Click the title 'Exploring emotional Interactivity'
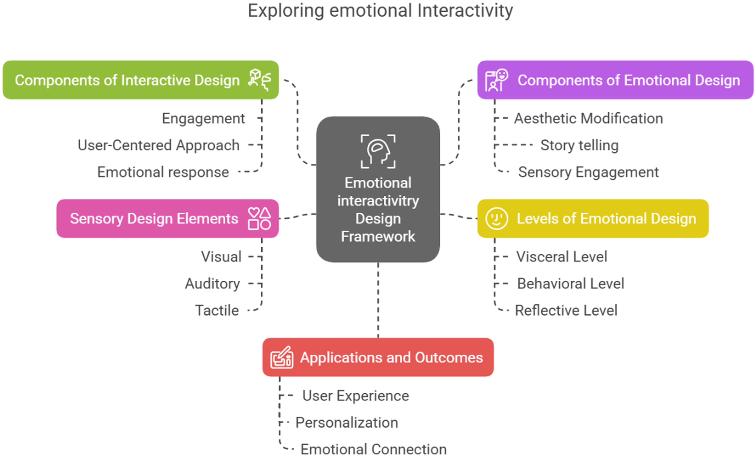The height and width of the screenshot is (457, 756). coord(380,11)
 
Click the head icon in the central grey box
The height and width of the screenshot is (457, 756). coord(378,151)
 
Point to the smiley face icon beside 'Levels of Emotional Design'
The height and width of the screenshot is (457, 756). coord(496,219)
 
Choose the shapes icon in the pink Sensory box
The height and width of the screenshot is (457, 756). coord(259,219)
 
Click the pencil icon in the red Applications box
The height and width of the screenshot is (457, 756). coord(281,357)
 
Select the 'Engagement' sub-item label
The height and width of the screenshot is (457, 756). coord(203,119)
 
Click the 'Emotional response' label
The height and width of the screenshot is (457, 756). coord(163,172)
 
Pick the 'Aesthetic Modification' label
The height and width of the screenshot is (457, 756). coord(588,119)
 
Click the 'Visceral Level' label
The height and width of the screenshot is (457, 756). coord(561,257)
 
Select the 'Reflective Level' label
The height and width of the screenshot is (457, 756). coord(566,310)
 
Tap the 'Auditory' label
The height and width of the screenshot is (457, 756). coord(212,284)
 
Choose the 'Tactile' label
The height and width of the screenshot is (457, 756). coord(217,310)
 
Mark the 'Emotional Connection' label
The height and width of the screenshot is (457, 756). coord(373,449)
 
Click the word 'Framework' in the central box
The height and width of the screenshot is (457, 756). coord(378,237)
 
